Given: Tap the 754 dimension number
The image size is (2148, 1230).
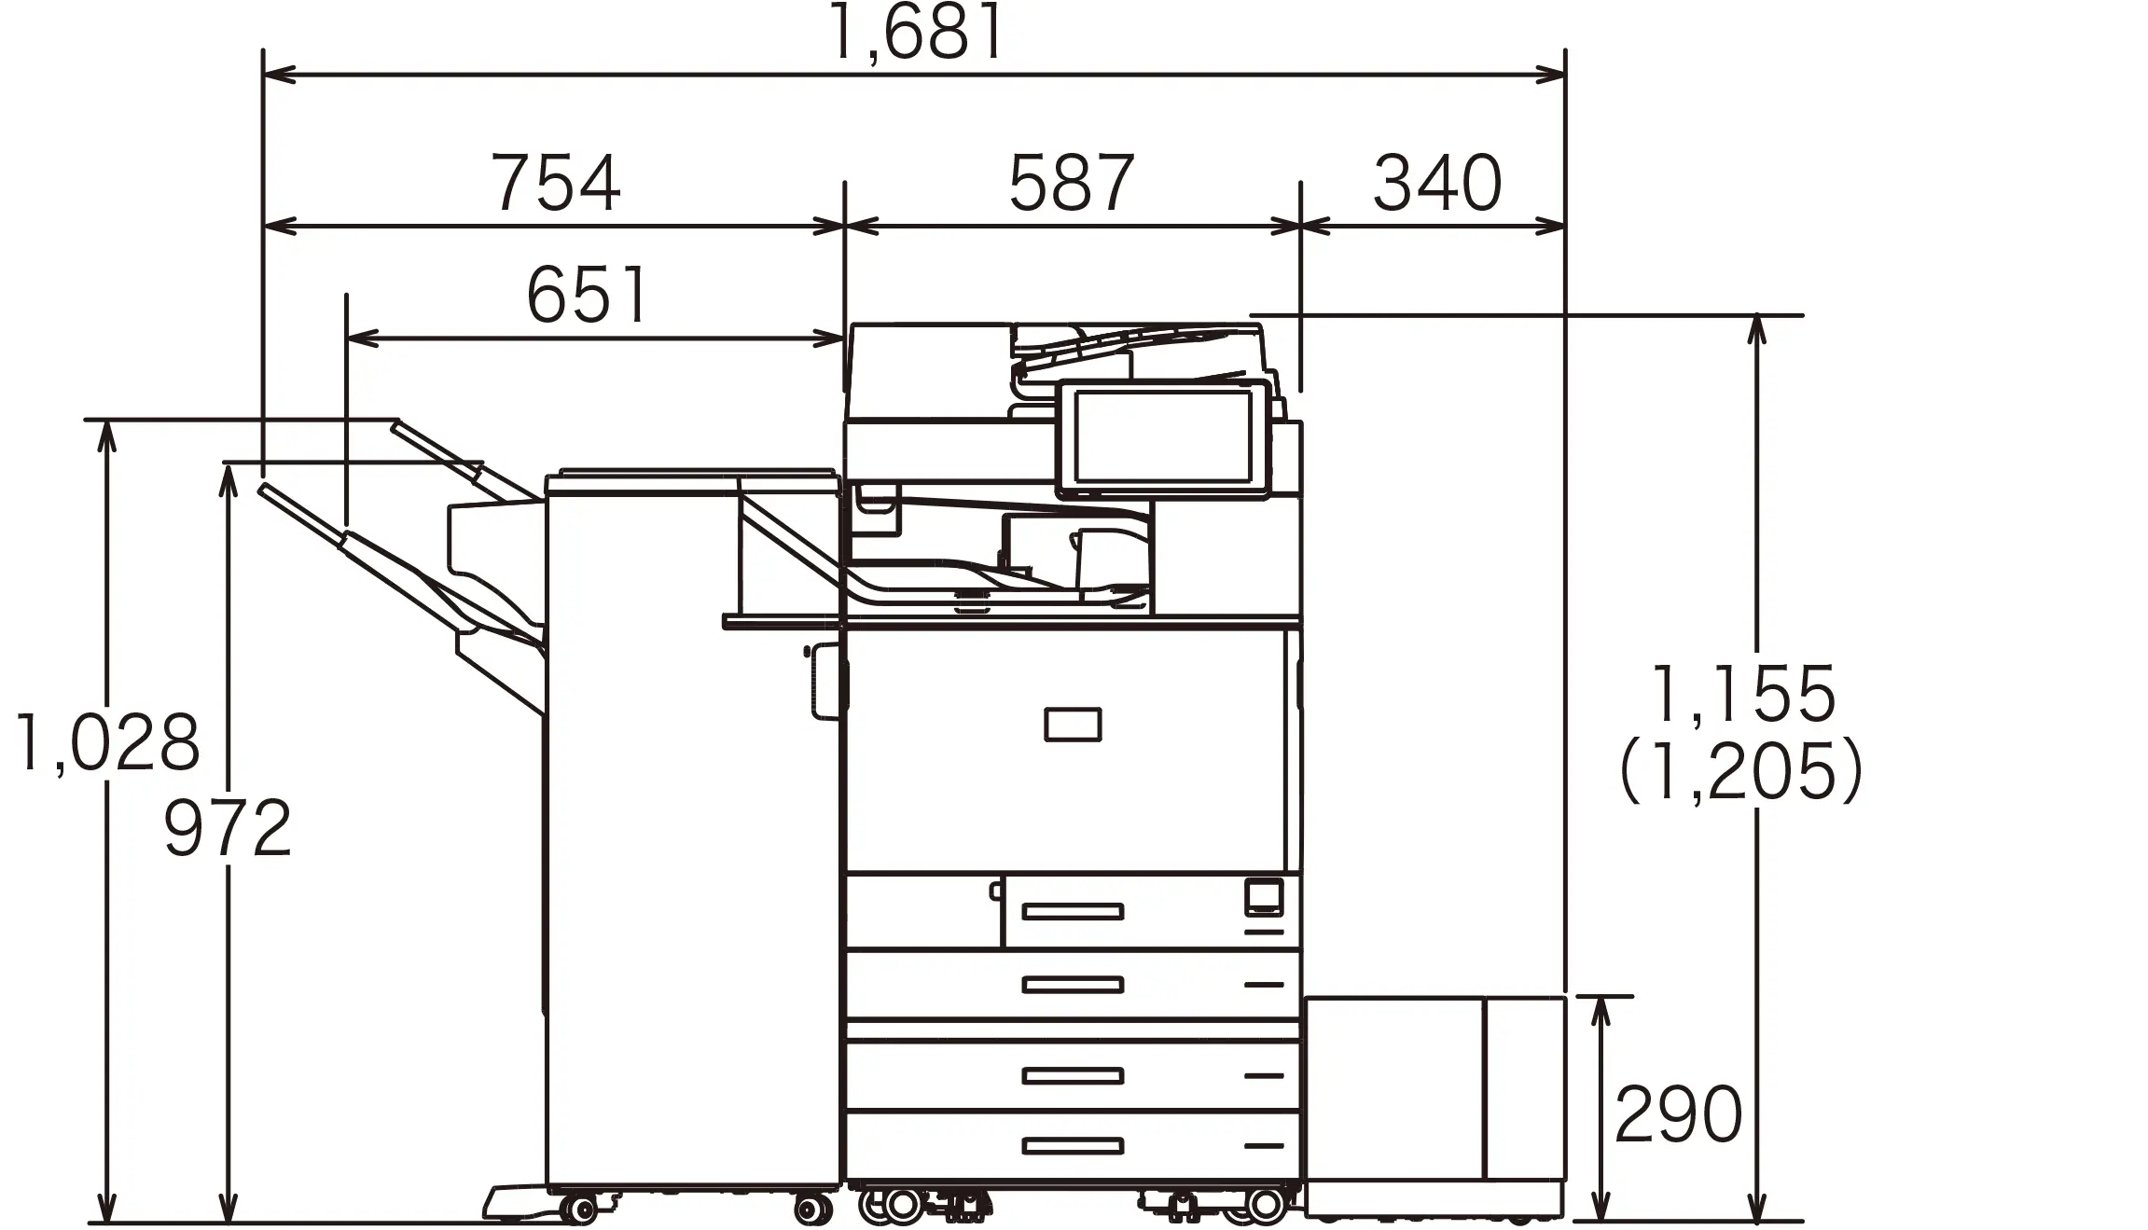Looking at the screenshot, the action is click(555, 183).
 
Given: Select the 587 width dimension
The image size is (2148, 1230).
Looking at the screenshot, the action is click(1072, 183).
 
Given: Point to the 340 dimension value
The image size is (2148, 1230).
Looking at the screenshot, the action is click(1437, 183).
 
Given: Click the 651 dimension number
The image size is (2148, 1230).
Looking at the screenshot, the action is click(587, 295).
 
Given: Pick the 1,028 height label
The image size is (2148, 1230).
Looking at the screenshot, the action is click(107, 742).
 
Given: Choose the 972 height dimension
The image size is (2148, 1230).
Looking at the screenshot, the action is click(228, 828).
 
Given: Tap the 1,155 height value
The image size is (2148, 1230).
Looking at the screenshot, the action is click(1743, 695).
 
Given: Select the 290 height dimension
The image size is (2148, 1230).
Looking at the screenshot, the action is click(1678, 1114).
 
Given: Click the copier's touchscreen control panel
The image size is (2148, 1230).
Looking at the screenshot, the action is click(1163, 438).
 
